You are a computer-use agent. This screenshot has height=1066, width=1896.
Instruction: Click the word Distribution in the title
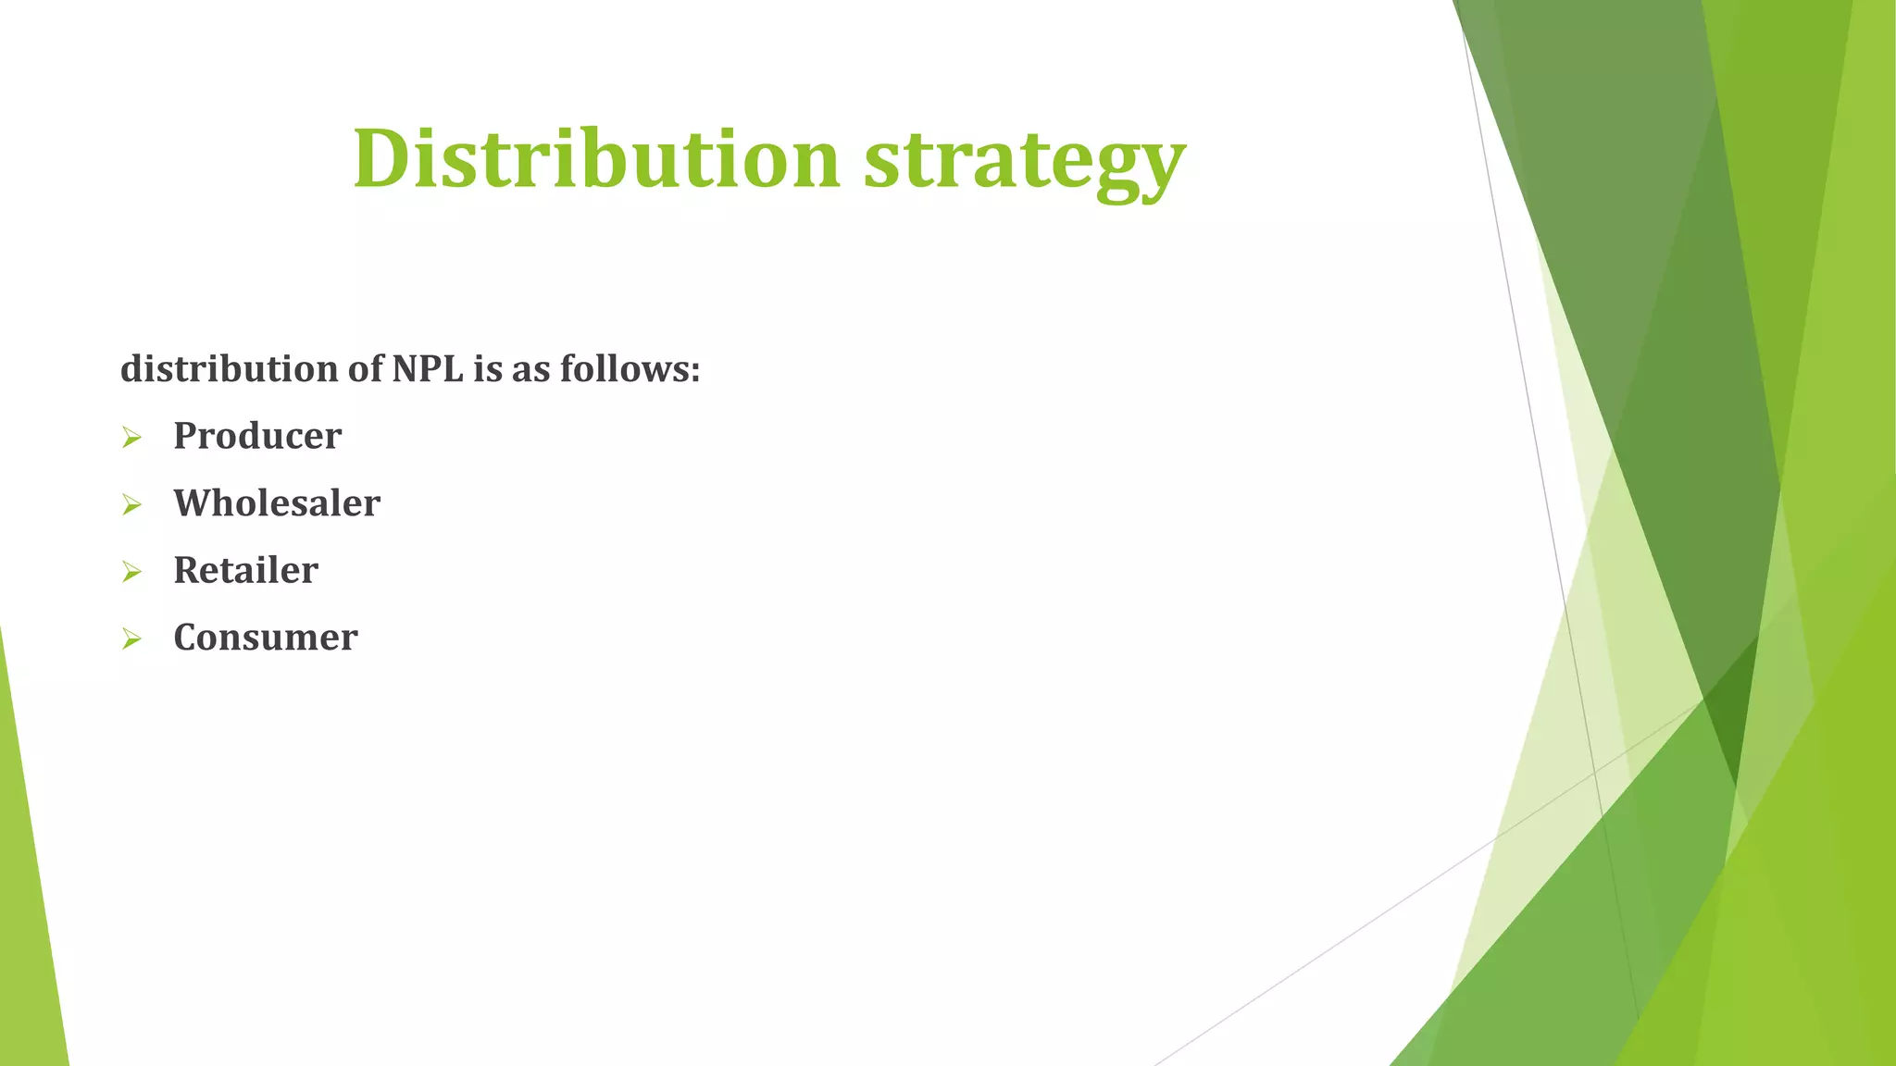(x=596, y=159)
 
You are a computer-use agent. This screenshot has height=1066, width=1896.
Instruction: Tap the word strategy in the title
(x=1024, y=162)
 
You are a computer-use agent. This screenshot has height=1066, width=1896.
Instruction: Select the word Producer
(x=257, y=436)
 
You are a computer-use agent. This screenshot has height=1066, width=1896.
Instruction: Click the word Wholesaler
(x=277, y=503)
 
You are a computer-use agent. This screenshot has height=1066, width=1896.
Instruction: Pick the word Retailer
(x=245, y=570)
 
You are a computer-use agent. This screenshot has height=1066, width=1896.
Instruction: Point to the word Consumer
(x=266, y=638)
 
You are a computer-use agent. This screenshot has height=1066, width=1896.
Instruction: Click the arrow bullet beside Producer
(x=131, y=438)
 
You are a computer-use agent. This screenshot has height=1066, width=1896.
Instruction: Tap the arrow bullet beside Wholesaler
(x=131, y=505)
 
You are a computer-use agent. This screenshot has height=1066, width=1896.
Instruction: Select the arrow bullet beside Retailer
(x=131, y=572)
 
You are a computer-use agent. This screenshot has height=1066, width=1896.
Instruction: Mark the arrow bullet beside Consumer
(x=131, y=639)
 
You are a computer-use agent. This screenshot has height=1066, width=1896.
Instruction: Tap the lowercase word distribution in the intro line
(x=229, y=369)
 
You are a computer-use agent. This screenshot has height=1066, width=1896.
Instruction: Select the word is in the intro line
(x=487, y=369)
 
